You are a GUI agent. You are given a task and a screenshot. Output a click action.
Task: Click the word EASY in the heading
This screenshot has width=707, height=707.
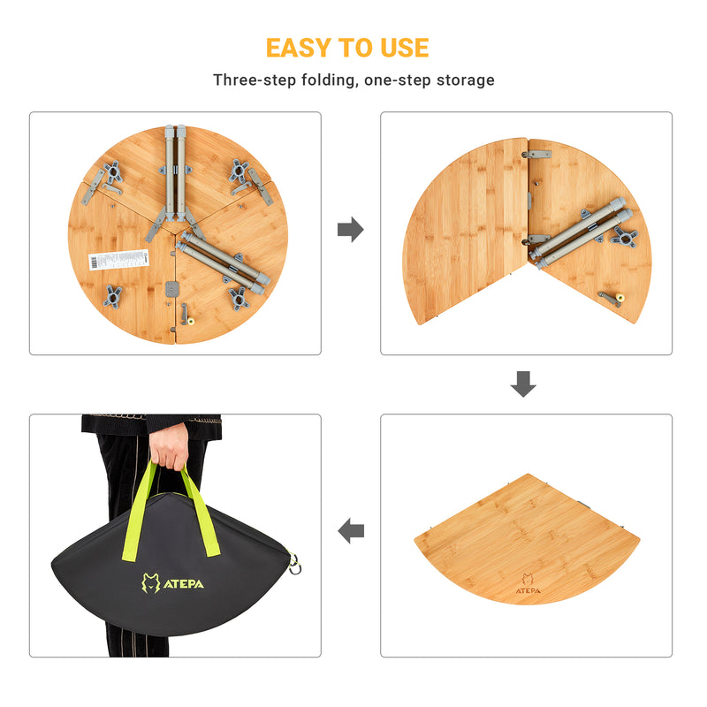pyautogui.click(x=300, y=47)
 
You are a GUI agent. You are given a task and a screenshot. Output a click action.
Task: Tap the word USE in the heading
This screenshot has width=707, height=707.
pyautogui.click(x=403, y=47)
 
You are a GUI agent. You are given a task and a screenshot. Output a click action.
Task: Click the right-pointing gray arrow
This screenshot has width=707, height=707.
pyautogui.click(x=351, y=231)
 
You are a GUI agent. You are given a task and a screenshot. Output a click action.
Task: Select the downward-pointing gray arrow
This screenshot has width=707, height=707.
pyautogui.click(x=524, y=384)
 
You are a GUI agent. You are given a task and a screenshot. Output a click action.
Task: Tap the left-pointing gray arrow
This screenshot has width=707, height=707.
pyautogui.click(x=351, y=531)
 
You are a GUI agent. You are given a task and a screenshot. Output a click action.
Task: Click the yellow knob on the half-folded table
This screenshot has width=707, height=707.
pyautogui.click(x=620, y=298)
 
